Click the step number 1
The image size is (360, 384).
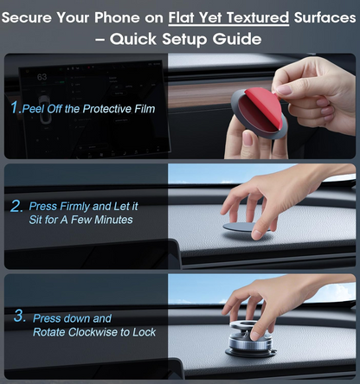pyautogui.click(x=15, y=108)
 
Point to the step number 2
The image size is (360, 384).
pyautogui.click(x=16, y=207)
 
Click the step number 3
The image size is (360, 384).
pyautogui.click(x=19, y=317)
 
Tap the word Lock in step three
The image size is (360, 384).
pyautogui.click(x=145, y=332)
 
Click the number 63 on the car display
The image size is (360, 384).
pyautogui.click(x=42, y=78)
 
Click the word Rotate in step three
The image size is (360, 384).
pyautogui.click(x=50, y=332)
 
